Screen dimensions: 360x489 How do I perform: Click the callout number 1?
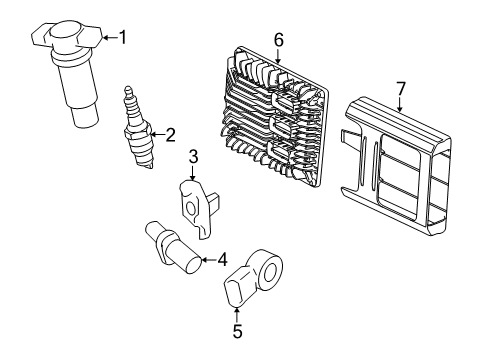tap(122, 38)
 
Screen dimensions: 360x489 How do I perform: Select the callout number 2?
tap(170, 134)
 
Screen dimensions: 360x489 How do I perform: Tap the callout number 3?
tap(194, 156)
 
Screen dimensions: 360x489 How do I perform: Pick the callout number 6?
tap(278, 39)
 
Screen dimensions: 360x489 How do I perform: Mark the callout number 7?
tap(400, 89)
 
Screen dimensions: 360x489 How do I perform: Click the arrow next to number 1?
tap(108, 38)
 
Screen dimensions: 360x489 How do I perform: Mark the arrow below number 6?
tap(278, 58)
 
